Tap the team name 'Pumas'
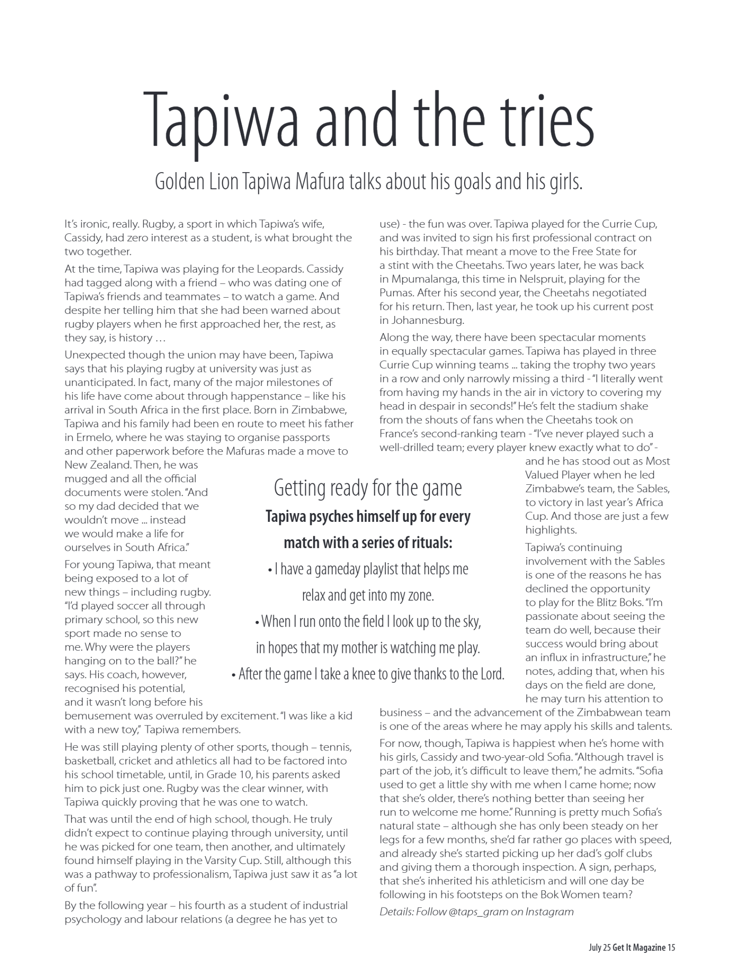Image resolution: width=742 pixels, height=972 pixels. coord(394,293)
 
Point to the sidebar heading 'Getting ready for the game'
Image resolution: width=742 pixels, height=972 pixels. coord(367,488)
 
